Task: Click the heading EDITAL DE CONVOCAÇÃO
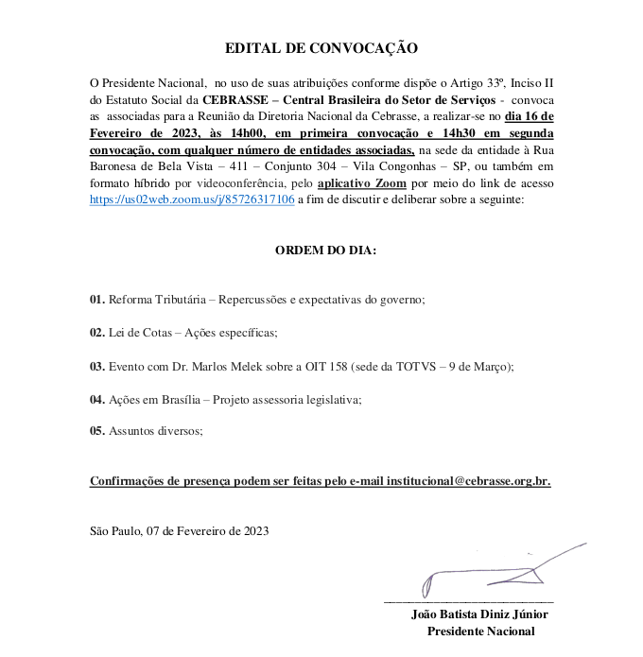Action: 321,48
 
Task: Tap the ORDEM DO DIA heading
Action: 325,251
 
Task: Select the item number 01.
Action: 96,300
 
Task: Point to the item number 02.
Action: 96,333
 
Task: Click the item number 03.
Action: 96,366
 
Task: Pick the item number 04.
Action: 96,399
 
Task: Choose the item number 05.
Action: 96,431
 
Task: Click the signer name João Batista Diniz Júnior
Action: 480,614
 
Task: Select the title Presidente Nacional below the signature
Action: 480,631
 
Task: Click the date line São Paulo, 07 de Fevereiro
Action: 179,531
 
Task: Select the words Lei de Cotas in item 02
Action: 142,333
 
